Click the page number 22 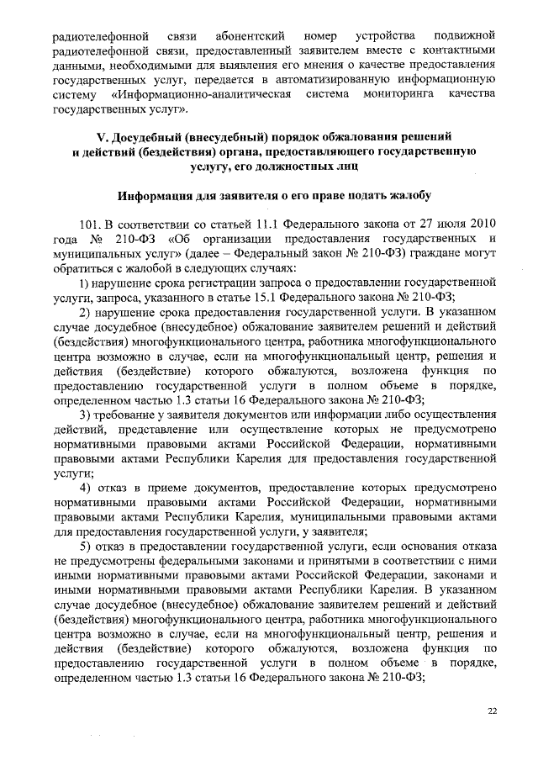coord(493,711)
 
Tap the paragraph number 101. coord(90,226)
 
